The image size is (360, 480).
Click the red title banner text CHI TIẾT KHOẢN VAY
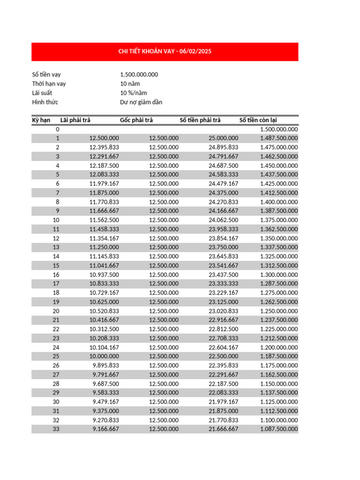pos(165,52)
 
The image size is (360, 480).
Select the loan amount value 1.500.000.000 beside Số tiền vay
pos(139,75)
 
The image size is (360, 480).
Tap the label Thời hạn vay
pos(49,84)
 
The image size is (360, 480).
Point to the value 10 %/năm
pos(133,93)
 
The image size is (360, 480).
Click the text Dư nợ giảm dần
pos(141,102)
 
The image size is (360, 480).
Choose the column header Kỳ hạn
pos(41,120)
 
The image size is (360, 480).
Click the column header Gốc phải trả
pos(136,120)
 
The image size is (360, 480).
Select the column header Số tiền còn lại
pos(258,120)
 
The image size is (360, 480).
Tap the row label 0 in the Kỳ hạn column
pos(58,129)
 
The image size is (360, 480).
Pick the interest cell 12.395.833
pos(104,147)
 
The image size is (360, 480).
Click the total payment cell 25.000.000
pos(223,138)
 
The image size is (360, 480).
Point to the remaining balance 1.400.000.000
pos(278,202)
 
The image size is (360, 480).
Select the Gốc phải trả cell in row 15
pos(164,265)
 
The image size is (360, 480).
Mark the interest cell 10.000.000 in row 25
pos(104,356)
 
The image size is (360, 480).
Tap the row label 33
pos(56,429)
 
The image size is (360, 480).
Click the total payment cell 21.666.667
pos(223,429)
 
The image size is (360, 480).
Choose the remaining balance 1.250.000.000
pos(278,311)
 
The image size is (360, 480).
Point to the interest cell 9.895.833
pos(105,366)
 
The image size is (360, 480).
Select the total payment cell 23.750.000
pos(223,247)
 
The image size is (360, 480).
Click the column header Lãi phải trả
pos(75,120)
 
